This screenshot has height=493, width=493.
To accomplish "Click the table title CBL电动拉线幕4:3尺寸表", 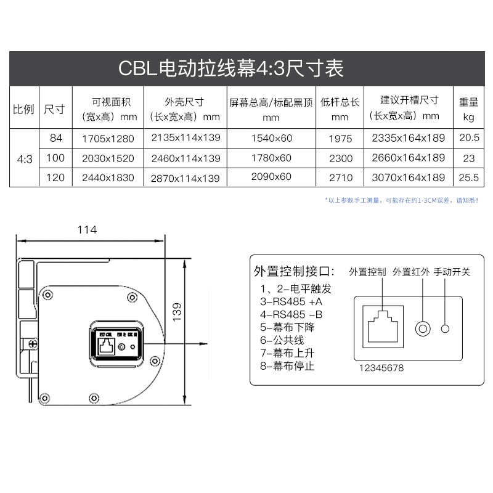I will tap(230, 68).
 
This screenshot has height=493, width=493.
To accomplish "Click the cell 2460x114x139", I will tap(185, 158).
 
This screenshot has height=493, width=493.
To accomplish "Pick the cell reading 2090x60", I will tap(271, 177).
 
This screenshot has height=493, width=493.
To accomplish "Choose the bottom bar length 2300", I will tap(341, 158).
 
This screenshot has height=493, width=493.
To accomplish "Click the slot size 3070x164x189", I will tap(409, 177).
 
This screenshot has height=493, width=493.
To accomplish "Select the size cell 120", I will tap(55, 177).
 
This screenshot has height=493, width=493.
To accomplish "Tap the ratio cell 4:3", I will tap(25, 158).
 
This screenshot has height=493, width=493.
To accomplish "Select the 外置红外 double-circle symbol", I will tap(423, 328).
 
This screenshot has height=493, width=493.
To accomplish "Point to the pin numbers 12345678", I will tap(382, 368).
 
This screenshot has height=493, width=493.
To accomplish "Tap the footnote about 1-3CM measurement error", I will tap(401, 200).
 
